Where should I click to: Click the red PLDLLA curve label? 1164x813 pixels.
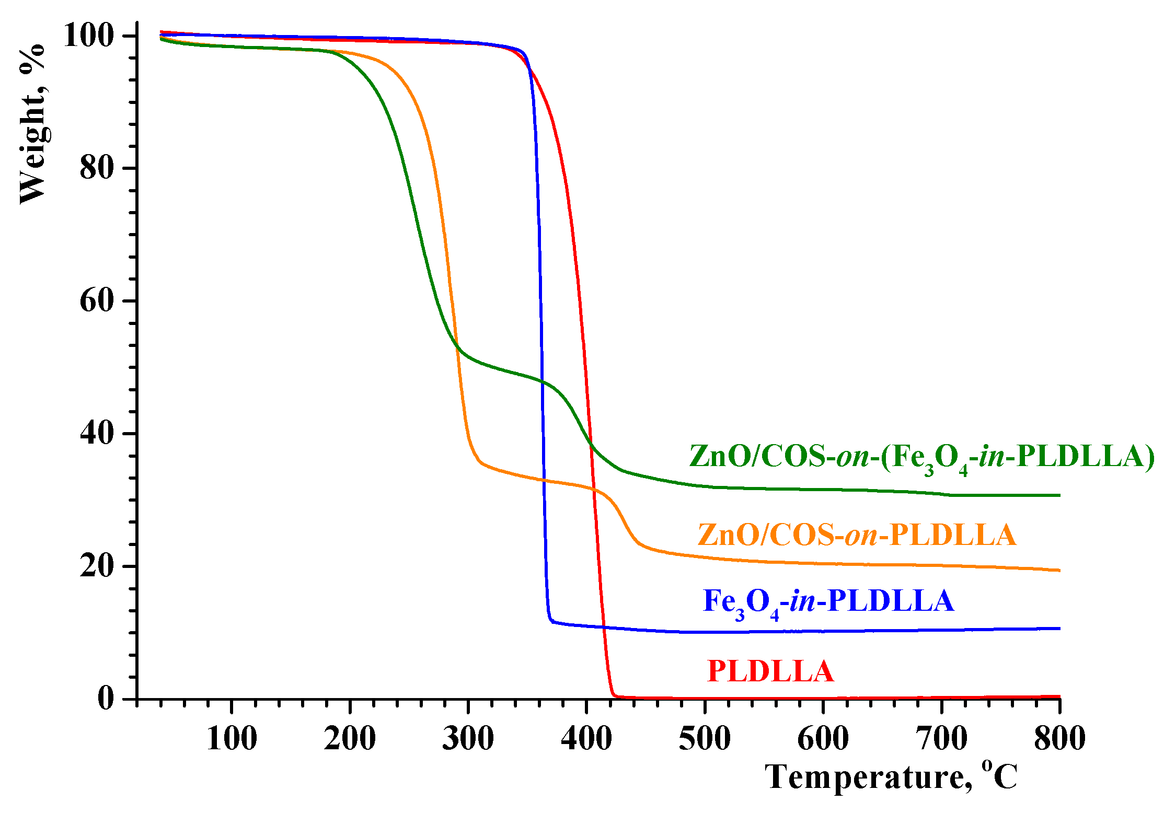[x=770, y=671]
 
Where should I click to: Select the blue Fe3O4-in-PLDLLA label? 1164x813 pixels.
[x=828, y=601]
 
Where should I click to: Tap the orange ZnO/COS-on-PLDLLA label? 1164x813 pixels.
[x=856, y=535]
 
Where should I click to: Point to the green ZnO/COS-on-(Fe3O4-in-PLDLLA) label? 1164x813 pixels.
[x=921, y=457]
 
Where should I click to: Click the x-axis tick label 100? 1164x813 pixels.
[x=232, y=739]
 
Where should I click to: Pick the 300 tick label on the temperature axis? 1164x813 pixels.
[x=468, y=739]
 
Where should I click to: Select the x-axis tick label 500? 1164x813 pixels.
[x=705, y=739]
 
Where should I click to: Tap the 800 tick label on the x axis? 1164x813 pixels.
[x=1059, y=739]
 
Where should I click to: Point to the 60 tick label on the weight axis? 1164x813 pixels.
[x=97, y=301]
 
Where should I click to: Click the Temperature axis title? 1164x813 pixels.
[x=891, y=777]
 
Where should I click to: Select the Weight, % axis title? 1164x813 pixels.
[x=32, y=124]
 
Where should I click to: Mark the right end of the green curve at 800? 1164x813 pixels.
[x=1059, y=495]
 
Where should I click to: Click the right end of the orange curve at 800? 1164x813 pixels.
[x=1059, y=570]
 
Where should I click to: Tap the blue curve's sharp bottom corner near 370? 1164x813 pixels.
[x=551, y=621]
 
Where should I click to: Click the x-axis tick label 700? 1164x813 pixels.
[x=942, y=739]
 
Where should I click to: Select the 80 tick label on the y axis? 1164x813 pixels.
[x=97, y=168]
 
